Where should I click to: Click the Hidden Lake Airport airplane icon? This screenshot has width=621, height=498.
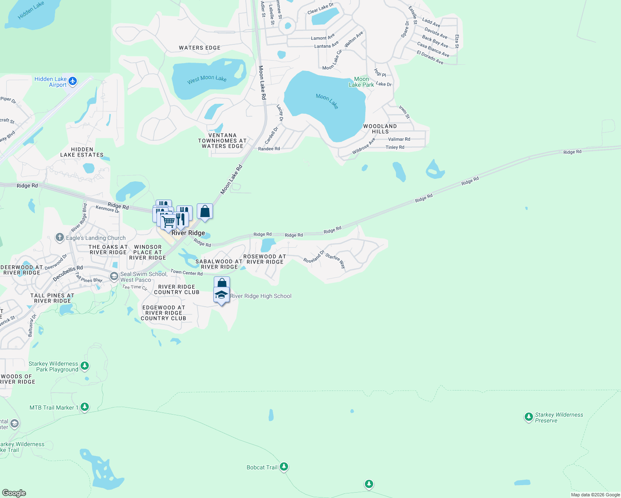pyautogui.click(x=73, y=81)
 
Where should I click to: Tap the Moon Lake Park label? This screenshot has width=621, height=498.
pyautogui.click(x=361, y=82)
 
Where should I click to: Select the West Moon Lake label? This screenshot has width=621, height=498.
pyautogui.click(x=207, y=79)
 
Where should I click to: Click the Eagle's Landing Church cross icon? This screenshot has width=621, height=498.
pyautogui.click(x=60, y=238)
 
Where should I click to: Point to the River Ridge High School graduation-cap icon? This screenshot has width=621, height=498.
pyautogui.click(x=221, y=295)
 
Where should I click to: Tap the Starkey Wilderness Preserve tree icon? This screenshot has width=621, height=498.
pyautogui.click(x=528, y=417)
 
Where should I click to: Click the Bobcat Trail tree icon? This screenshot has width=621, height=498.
pyautogui.click(x=284, y=467)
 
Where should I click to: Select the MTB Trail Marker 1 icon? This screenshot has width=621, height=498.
pyautogui.click(x=85, y=407)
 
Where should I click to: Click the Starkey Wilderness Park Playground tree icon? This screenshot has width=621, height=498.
pyautogui.click(x=85, y=366)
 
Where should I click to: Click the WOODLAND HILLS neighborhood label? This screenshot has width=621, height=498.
pyautogui.click(x=380, y=129)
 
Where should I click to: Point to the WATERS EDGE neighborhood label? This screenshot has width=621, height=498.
pyautogui.click(x=200, y=48)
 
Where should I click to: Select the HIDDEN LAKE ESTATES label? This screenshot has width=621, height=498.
pyautogui.click(x=82, y=152)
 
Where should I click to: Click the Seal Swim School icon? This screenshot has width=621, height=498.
pyautogui.click(x=114, y=276)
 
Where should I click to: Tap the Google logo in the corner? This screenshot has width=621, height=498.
pyautogui.click(x=14, y=493)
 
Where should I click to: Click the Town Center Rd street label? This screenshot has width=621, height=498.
pyautogui.click(x=186, y=273)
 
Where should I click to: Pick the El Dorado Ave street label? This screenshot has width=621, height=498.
pyautogui.click(x=430, y=58)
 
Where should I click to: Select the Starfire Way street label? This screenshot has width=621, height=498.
pyautogui.click(x=335, y=260)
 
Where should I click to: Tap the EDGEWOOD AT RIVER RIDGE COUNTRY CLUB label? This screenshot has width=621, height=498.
pyautogui.click(x=164, y=313)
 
